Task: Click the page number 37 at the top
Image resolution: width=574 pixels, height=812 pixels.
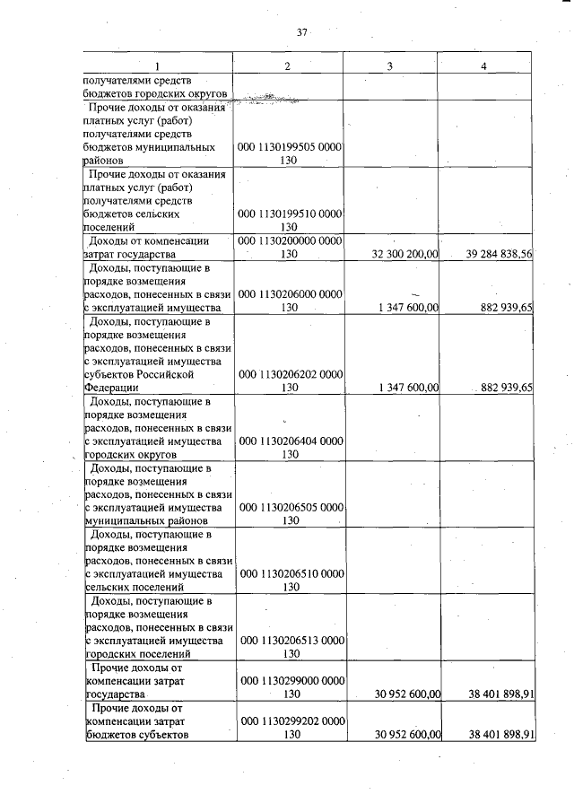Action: point(302,33)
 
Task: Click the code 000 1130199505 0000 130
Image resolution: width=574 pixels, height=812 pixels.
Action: point(290,153)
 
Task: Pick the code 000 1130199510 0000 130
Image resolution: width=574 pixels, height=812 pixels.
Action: point(290,220)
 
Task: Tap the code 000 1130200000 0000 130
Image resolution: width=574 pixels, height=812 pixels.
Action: point(290,248)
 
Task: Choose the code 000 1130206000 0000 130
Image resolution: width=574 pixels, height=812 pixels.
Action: point(290,301)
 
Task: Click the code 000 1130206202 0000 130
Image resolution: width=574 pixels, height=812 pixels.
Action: point(290,380)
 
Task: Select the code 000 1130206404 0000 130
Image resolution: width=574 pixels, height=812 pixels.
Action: point(290,447)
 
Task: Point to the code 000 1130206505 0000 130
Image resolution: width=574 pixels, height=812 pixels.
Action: point(290,513)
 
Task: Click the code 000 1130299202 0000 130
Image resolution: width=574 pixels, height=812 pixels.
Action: point(290,727)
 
